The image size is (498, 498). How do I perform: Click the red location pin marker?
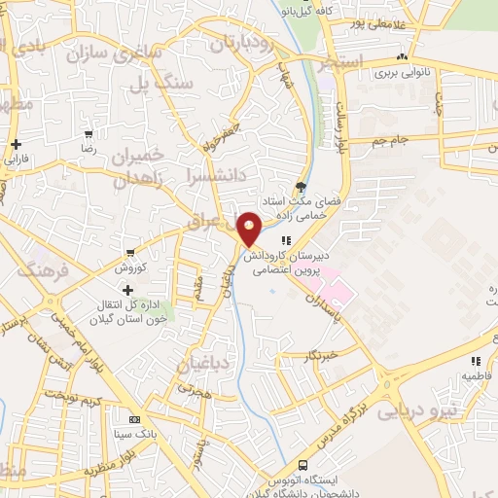[250, 230]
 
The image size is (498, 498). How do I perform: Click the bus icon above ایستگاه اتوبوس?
[303, 465]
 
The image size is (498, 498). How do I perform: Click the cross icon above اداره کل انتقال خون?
[126, 290]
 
